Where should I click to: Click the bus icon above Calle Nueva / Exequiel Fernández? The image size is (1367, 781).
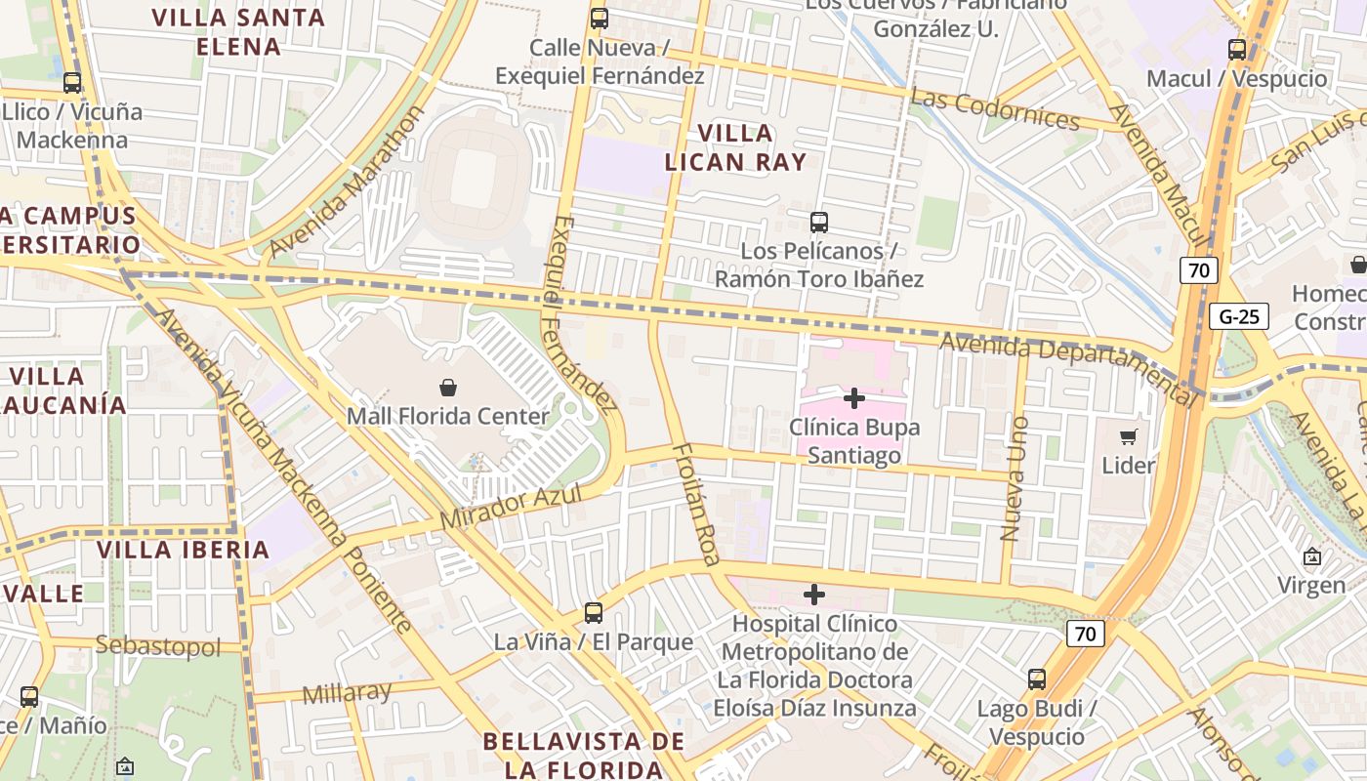point(600,19)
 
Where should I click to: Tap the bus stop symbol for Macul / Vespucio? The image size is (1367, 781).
point(1237,50)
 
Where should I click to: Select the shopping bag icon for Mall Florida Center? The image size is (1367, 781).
point(448,388)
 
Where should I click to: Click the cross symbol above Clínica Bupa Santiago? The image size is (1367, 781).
point(854,398)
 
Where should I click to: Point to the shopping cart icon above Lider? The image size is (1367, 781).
point(1129,436)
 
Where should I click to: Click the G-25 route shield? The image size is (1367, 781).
point(1239,316)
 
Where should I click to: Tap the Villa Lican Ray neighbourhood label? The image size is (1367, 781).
point(736,147)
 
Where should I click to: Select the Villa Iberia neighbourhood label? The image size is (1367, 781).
point(184,550)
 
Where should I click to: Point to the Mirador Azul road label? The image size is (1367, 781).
point(511,508)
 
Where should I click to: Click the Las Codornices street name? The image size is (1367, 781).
point(995,109)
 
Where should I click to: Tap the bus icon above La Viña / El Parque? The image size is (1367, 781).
point(594,613)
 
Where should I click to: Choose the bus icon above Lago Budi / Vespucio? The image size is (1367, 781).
point(1037,679)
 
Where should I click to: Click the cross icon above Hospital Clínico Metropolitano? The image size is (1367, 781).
point(814,595)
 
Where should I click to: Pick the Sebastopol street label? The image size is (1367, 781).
point(158,645)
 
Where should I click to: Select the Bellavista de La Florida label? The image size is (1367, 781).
point(583,755)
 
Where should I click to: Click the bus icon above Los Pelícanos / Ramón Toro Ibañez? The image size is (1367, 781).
point(819,223)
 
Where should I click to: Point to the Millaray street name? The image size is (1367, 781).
point(347,693)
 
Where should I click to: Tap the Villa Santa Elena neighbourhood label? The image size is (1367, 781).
point(238,31)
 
